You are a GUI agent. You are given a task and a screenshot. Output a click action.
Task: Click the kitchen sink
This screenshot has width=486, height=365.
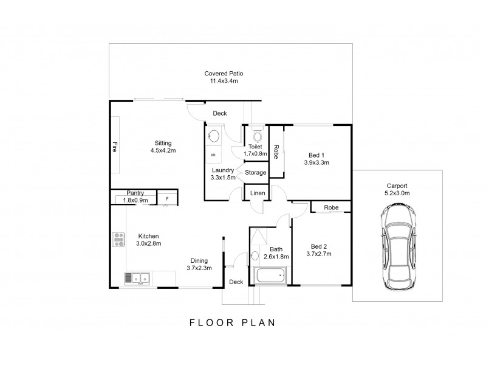(137, 279)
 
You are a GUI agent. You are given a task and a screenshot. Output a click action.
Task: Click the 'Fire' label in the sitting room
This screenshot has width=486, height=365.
(114, 148)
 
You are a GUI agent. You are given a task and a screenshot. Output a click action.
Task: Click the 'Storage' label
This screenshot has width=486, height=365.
(255, 173)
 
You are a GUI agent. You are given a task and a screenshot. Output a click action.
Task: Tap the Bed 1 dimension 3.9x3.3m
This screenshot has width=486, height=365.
(317, 163)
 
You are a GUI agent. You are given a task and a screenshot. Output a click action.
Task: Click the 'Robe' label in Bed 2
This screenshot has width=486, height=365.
(330, 207)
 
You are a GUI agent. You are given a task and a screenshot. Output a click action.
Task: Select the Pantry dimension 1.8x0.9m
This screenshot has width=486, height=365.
(135, 200)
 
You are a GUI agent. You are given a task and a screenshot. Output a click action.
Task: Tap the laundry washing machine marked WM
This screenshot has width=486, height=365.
(213, 155)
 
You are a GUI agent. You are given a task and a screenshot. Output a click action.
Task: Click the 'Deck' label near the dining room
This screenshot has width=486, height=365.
(236, 282)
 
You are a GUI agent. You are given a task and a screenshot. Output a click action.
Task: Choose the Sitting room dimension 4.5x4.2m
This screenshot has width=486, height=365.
(163, 151)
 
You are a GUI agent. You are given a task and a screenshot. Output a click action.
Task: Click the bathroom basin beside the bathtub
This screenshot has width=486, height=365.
(255, 256)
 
